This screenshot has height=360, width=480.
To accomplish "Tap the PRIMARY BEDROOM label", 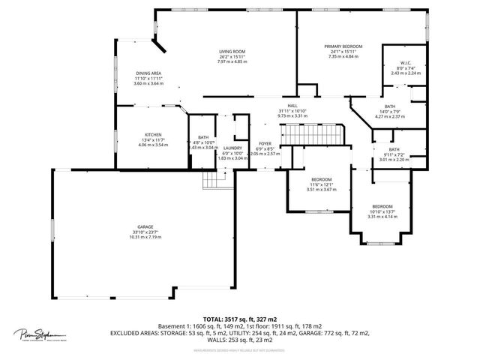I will pos(343,46).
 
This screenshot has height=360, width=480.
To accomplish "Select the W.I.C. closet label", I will pos(405,64).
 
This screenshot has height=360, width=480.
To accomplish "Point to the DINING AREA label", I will pos(148,73).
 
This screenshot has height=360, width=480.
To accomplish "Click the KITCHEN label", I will pos(153,135).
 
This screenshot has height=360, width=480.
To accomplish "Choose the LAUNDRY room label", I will pos(232,148).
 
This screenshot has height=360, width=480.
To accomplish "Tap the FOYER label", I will pos(265,143).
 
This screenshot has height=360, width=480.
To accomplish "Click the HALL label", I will pos(292,106).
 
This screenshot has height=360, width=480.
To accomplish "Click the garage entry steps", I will pos(214,180).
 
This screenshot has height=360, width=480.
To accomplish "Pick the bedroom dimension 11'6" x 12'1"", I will pos(322,184).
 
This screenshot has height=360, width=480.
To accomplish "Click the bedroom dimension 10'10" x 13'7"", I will pos(382,211).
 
